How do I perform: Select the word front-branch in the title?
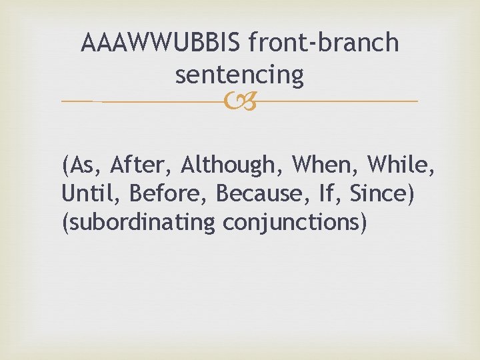[323, 43]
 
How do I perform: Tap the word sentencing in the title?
[239, 75]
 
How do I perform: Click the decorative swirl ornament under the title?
[239, 101]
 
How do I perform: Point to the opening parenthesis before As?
[65, 164]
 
